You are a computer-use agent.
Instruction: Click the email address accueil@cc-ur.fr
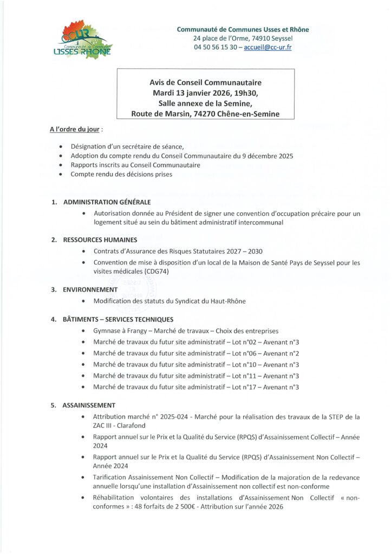tap(267, 47)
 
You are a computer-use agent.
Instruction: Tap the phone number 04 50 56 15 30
tap(213, 47)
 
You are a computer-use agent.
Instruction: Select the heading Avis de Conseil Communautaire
tap(205, 82)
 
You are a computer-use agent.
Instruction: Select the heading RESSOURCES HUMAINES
tap(100, 240)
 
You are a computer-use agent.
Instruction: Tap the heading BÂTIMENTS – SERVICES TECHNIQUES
tap(118, 319)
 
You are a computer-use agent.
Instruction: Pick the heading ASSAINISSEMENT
tap(89, 405)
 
